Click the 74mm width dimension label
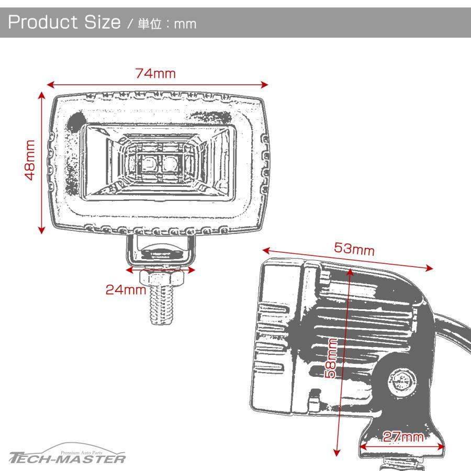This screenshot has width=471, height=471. [x=155, y=74]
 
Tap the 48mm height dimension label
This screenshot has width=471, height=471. [x=30, y=160]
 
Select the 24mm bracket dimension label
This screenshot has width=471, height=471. [x=126, y=289]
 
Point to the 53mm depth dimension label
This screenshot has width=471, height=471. [x=354, y=249]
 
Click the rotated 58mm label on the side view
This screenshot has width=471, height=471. [x=331, y=358]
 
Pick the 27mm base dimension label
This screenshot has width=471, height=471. [x=403, y=437]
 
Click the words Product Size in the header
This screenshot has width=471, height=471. [x=64, y=22]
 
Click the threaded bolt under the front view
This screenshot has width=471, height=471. [x=162, y=305]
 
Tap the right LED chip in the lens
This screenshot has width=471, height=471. [x=170, y=164]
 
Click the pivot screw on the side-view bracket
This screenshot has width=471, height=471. [x=402, y=382]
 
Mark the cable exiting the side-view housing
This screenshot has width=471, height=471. [x=452, y=330]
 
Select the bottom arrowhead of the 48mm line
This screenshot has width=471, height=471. [x=41, y=230]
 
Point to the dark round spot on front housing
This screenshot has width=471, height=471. [x=74, y=122]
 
